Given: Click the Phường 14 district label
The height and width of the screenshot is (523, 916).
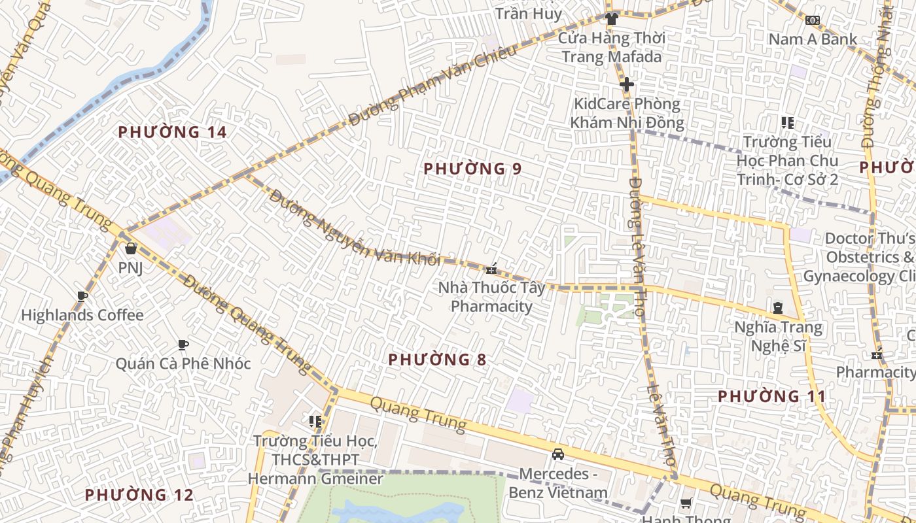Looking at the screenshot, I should [172, 132].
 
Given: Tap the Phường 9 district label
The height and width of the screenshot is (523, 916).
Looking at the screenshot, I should [472, 169].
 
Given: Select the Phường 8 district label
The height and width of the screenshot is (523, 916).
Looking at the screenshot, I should [437, 360].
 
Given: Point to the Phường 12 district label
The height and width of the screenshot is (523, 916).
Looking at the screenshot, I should [139, 495].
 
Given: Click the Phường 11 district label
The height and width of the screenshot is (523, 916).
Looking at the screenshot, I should [772, 396].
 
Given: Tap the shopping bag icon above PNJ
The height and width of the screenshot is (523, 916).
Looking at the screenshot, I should [131, 248].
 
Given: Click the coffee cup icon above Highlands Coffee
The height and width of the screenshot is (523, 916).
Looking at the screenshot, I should [82, 296].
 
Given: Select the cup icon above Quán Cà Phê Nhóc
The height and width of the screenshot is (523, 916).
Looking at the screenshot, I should [183, 345].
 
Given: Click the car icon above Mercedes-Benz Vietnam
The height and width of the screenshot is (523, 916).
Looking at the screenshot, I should [558, 454].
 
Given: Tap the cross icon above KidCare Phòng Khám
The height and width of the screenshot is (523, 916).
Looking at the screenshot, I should [627, 84].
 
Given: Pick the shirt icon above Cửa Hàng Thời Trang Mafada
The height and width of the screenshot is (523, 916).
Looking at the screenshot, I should [612, 19].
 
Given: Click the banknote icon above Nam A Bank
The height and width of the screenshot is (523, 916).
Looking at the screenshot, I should [813, 20].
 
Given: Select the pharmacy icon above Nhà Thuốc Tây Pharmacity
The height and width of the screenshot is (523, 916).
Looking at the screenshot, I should [491, 269].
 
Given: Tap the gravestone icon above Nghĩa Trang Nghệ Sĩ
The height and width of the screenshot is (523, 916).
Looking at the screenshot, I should [778, 308].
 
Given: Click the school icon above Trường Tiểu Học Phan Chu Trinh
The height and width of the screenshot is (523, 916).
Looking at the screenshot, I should [788, 123].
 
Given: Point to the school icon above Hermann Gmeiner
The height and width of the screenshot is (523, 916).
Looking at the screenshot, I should [315, 422].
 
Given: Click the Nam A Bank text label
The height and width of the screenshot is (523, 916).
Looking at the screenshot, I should [813, 39].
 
